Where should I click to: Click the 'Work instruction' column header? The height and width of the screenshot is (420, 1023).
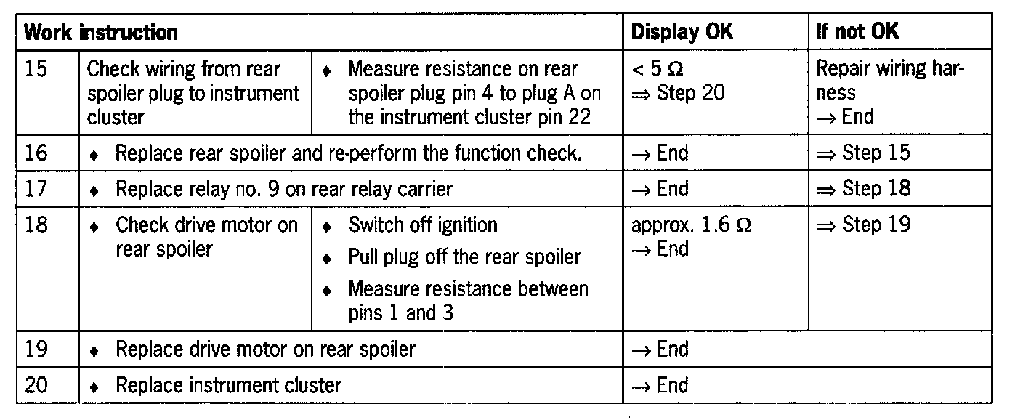[101, 32]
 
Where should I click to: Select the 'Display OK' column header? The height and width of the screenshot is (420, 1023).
[682, 32]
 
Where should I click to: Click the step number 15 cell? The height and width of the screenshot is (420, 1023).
[36, 70]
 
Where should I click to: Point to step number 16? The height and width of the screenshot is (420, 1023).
[36, 153]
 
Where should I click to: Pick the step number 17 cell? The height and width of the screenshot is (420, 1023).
[36, 189]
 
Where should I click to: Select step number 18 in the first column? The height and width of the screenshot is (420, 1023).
[36, 225]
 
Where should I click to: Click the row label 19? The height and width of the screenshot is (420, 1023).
[36, 349]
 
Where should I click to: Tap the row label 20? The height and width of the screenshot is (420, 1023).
[36, 384]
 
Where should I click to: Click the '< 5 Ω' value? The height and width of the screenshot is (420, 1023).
[658, 70]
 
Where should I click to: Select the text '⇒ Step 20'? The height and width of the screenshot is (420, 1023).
[678, 93]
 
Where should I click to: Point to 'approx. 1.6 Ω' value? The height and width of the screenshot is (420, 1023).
[691, 225]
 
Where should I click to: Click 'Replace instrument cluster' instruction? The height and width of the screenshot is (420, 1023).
[228, 384]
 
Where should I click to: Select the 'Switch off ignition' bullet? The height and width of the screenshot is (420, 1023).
[422, 225]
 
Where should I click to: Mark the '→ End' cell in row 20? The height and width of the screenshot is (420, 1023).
[660, 384]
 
